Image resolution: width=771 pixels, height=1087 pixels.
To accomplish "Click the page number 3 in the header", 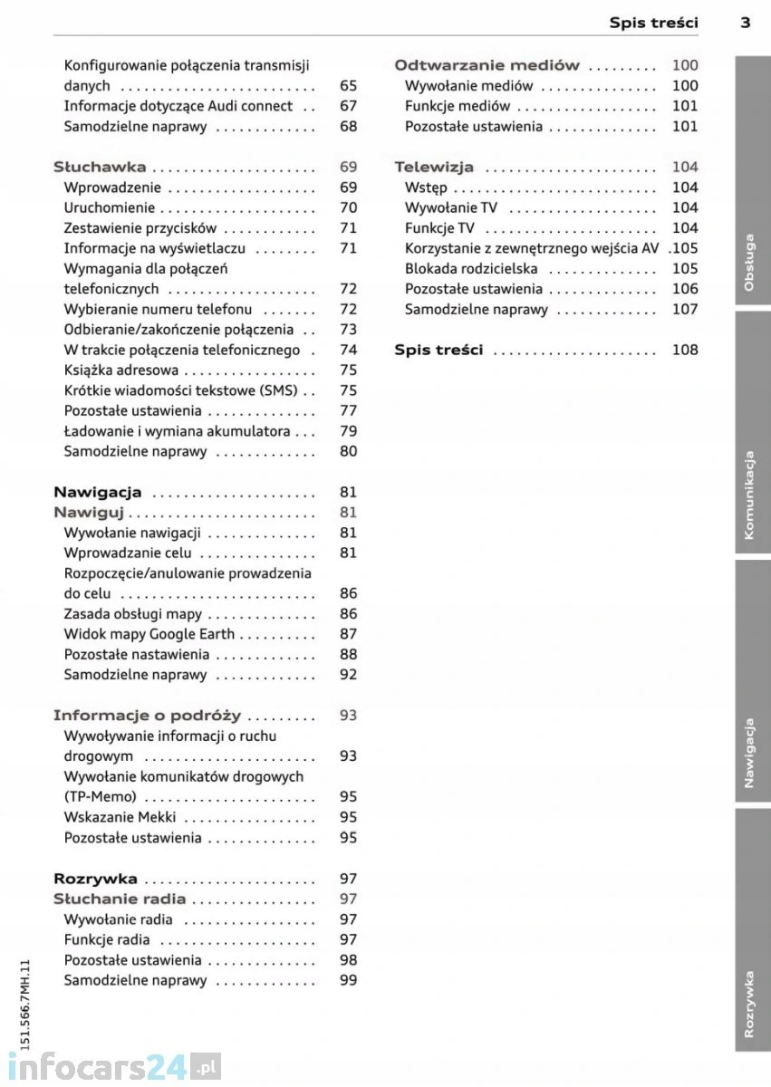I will coord(745,23).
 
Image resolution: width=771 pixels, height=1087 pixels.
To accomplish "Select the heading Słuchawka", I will coord(100,168).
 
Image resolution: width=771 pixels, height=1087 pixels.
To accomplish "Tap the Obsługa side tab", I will coord(752,264).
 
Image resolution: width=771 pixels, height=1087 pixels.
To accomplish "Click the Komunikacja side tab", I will coord(752,495).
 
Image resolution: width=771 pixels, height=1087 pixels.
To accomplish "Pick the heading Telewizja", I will coord(434,168).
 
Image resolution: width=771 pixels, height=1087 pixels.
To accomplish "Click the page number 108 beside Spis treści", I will coord(685,350).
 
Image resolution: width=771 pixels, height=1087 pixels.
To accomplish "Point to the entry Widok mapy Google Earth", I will coord(149,634).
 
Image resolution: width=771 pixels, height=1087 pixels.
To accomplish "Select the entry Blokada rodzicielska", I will coord(471,269).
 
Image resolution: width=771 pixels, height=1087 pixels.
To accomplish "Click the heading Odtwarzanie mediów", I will coord(487,65).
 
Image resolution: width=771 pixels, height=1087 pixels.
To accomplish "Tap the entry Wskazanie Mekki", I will coord(120,817).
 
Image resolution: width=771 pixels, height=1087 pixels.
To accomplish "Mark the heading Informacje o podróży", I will coord(147,716).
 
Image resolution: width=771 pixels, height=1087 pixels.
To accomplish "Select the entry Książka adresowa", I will coord(120,370).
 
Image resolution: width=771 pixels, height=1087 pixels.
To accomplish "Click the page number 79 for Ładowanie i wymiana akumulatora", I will coord(348,431).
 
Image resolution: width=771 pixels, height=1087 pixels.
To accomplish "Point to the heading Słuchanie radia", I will coord(120,899).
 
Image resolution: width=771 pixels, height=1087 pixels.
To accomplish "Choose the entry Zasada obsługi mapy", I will coord(132,614).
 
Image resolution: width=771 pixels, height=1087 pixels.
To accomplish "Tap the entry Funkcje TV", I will coord(439,228).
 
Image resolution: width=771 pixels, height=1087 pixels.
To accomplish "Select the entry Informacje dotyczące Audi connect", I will coord(178,106).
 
